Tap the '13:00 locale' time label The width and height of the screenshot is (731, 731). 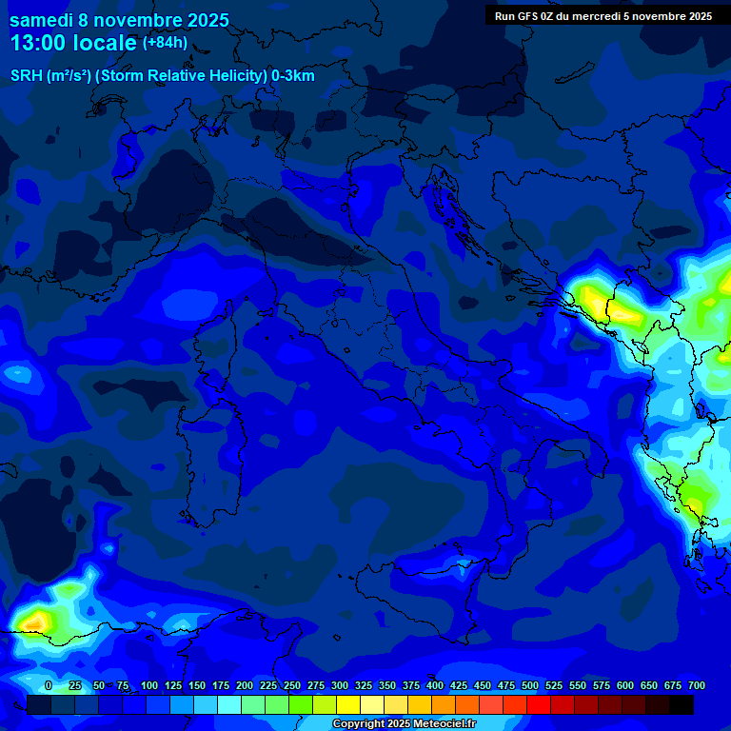tap(73, 44)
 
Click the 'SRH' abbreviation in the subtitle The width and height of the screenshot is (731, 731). tap(27, 76)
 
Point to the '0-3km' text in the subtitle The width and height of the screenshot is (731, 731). tap(293, 76)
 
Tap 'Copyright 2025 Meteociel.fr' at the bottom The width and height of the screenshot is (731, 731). tap(404, 724)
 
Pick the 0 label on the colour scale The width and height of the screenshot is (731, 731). tap(49, 686)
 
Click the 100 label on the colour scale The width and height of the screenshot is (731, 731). tap(149, 686)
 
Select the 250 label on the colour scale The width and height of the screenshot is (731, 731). tap(292, 686)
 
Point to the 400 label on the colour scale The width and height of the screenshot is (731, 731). tap(435, 686)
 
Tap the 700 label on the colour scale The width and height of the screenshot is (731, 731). tap(697, 686)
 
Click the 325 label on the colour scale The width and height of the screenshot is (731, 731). tap(364, 686)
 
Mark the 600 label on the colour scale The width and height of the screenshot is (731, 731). tap(625, 686)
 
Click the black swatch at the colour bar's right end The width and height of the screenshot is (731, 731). tap(682, 704)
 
